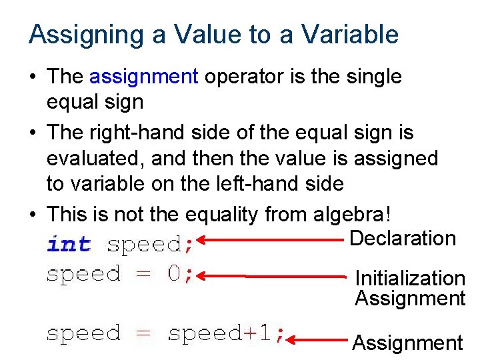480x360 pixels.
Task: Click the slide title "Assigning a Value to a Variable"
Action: point(213,35)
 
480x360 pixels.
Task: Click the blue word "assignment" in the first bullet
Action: point(143,77)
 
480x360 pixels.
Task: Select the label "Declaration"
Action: point(403,238)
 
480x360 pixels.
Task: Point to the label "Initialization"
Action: point(410,278)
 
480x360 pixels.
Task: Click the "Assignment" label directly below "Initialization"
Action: point(410,298)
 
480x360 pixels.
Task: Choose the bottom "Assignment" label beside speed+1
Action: point(407,343)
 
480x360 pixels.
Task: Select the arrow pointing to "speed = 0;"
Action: point(273,275)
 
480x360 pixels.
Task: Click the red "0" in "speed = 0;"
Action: point(173,274)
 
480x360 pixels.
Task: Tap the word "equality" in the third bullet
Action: point(223,215)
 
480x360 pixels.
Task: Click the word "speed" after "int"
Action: point(143,245)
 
